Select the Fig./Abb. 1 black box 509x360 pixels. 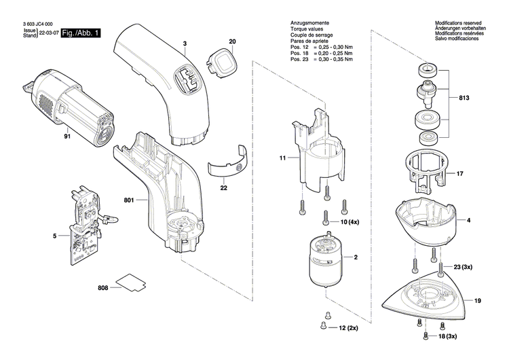click(81, 33)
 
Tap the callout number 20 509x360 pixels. click(232, 42)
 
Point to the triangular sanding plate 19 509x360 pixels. click(428, 295)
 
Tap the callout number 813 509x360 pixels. click(464, 98)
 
